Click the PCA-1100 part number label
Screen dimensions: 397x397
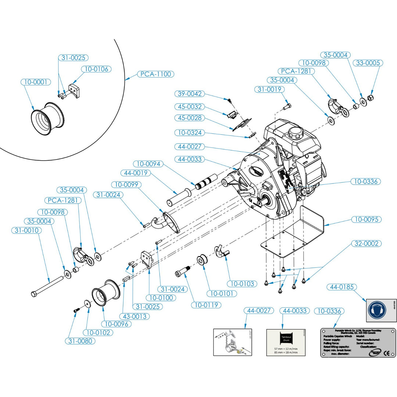click(155, 74)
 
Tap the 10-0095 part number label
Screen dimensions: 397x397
click(366, 220)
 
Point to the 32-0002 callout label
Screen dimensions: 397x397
click(366, 244)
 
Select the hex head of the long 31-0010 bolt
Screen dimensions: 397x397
click(34, 294)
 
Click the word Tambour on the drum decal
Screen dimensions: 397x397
click(282, 336)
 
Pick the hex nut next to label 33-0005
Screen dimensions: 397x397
click(371, 97)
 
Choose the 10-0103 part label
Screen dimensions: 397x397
click(242, 283)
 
